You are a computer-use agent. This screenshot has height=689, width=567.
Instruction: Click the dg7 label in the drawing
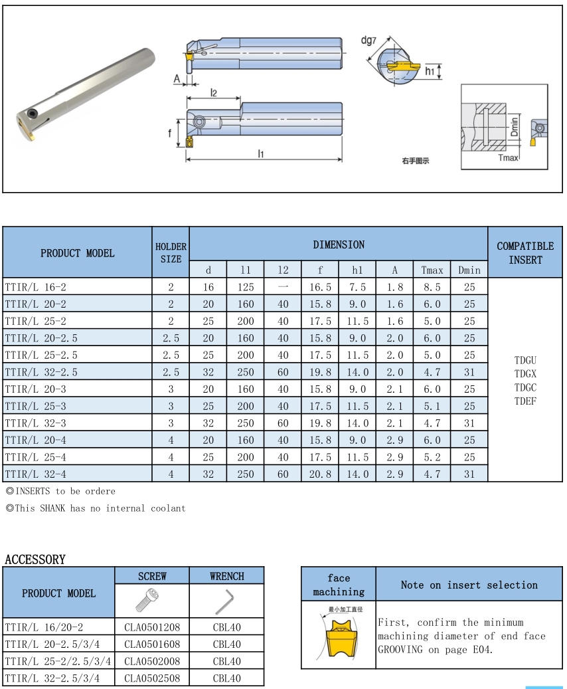tap(369, 41)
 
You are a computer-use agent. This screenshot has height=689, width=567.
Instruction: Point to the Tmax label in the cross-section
tap(508, 157)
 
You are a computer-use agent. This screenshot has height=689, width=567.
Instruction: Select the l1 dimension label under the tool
tap(261, 153)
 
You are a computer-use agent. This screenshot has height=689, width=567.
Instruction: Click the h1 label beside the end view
tap(430, 71)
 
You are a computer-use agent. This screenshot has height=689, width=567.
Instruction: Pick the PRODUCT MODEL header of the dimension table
tap(77, 253)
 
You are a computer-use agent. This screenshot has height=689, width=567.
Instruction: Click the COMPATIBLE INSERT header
tap(525, 253)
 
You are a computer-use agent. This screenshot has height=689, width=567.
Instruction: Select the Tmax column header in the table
tap(432, 270)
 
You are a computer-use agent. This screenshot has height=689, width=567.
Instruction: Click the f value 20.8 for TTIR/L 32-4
tap(320, 474)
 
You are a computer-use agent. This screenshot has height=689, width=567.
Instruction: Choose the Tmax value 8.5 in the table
tap(432, 287)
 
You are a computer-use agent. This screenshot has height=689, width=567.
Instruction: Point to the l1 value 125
tap(246, 287)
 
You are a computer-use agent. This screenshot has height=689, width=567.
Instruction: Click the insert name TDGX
tap(525, 374)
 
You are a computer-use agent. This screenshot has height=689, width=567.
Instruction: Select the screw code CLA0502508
tap(152, 678)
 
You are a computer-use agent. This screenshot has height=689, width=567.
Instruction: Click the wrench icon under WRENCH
tap(226, 601)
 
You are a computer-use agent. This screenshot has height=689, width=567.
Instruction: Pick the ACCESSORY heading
tap(35, 559)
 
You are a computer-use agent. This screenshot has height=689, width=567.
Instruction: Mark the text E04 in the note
tap(484, 650)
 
